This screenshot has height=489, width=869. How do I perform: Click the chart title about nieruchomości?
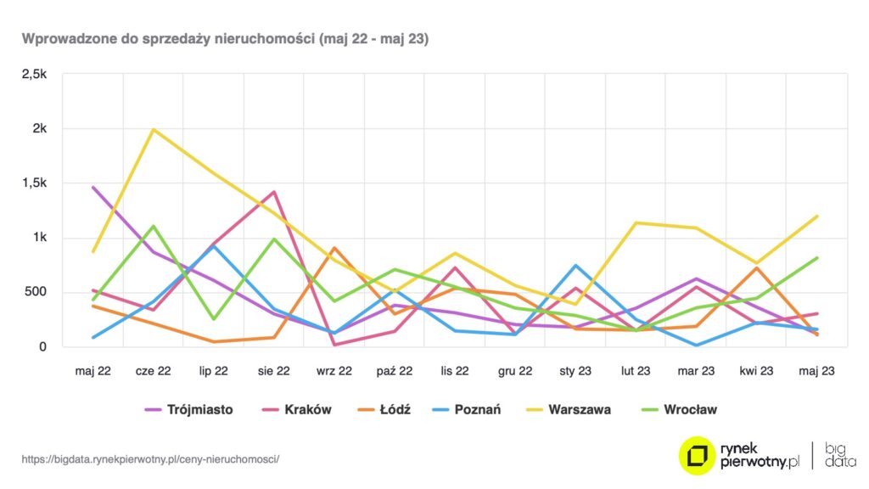pos(225,39)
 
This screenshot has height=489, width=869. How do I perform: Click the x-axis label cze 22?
pos(154,370)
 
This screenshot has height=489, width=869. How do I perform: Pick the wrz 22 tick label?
pos(334,370)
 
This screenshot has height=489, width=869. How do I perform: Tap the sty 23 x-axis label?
pos(575,370)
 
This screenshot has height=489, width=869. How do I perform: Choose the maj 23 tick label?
pos(816,370)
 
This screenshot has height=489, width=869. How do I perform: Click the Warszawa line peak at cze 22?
pos(154,130)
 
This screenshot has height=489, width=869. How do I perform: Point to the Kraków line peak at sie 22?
pos(274,192)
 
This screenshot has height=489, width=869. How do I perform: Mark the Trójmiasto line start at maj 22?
pos(93,187)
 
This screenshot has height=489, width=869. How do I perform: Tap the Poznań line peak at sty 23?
pos(575,266)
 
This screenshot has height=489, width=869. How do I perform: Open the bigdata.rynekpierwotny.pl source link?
pos(150,458)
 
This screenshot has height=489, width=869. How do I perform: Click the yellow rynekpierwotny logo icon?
pos(697,455)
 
